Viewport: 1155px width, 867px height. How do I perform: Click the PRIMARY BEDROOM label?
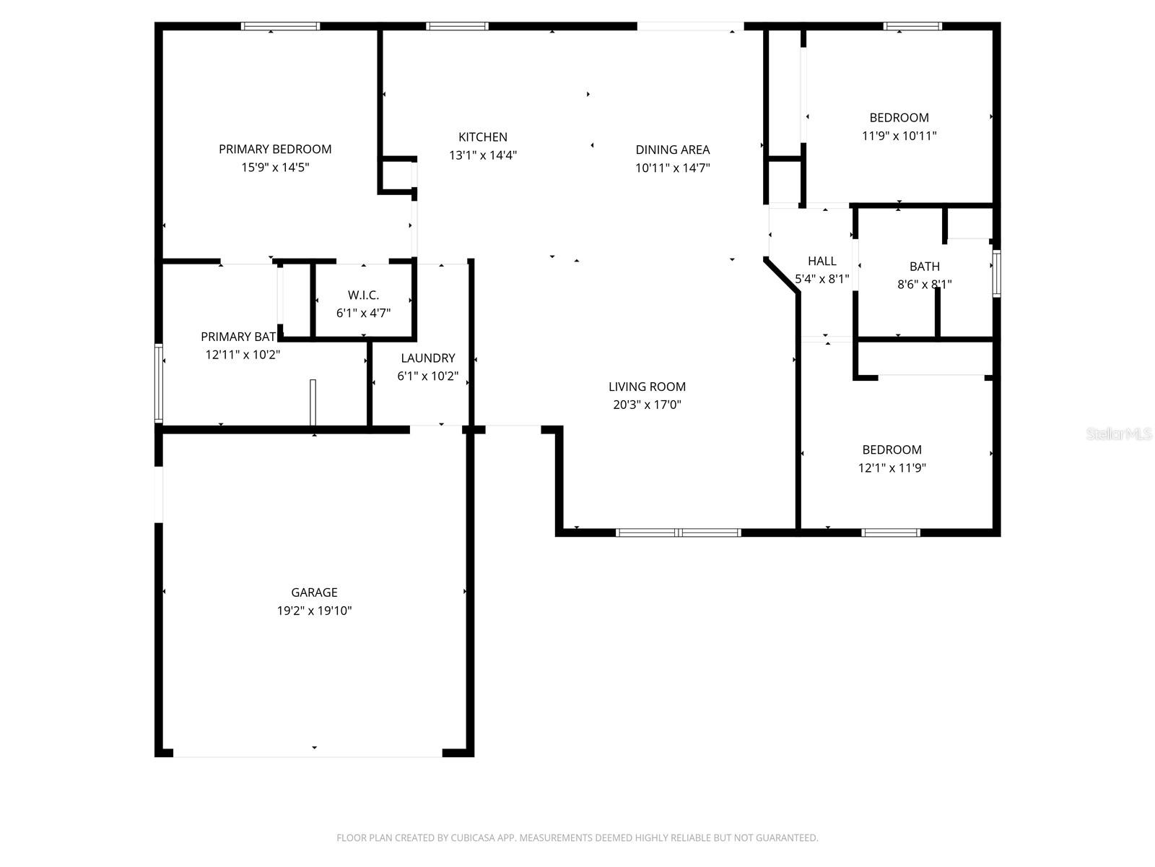[x=275, y=149]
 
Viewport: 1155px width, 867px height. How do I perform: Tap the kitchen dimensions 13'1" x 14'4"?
[x=483, y=155]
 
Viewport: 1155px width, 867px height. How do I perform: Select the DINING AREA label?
[x=672, y=150]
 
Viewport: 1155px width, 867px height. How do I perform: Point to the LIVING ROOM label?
[x=647, y=387]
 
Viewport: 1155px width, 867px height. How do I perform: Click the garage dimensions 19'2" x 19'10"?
[x=314, y=611]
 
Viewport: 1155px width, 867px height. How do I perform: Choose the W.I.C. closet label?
[x=363, y=295]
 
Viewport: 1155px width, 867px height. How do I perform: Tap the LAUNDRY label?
[x=427, y=358]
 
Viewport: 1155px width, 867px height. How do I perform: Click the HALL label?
[x=821, y=261]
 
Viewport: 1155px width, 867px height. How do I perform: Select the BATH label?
[x=924, y=266]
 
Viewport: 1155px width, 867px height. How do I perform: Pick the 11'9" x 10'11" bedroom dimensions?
[x=899, y=135]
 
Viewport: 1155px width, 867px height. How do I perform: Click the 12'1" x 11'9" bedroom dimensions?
[x=892, y=467]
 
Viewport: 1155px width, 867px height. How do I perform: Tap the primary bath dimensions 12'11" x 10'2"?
[x=243, y=355]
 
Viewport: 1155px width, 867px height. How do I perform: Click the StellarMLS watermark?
[x=1119, y=434]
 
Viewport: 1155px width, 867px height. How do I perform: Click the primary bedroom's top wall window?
[x=280, y=26]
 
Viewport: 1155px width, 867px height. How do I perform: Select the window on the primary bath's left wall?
[x=159, y=383]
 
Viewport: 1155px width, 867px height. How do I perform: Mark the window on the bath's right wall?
[x=996, y=274]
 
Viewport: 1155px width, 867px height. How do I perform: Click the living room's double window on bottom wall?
[x=678, y=532]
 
